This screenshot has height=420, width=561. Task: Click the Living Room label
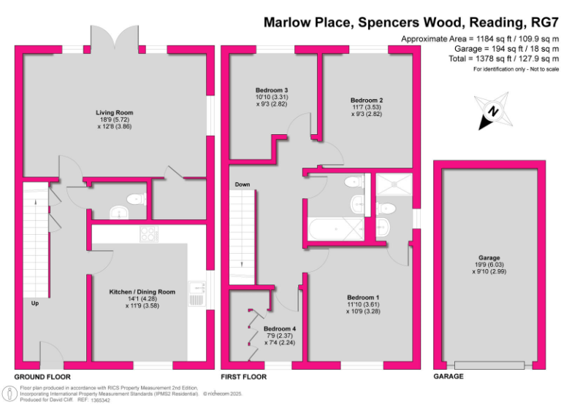(x=114, y=112)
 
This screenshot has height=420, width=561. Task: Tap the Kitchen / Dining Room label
(x=142, y=292)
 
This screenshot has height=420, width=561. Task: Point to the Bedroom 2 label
(x=367, y=100)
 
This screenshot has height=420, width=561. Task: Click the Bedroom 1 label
(x=363, y=297)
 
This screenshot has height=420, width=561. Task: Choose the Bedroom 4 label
(x=280, y=328)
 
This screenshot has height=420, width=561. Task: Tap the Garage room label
(x=489, y=257)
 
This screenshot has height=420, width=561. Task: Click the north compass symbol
(x=493, y=112)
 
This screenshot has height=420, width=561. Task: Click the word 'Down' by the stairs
(x=243, y=184)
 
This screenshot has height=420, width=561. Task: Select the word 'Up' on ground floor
(x=34, y=303)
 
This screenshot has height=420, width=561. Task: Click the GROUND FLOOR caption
(x=42, y=377)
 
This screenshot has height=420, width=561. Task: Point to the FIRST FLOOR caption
(x=243, y=377)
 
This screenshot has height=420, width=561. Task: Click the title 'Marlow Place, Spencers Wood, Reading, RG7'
(x=411, y=23)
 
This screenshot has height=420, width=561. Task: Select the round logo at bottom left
(x=10, y=394)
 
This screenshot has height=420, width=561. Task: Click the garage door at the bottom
(x=489, y=364)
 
